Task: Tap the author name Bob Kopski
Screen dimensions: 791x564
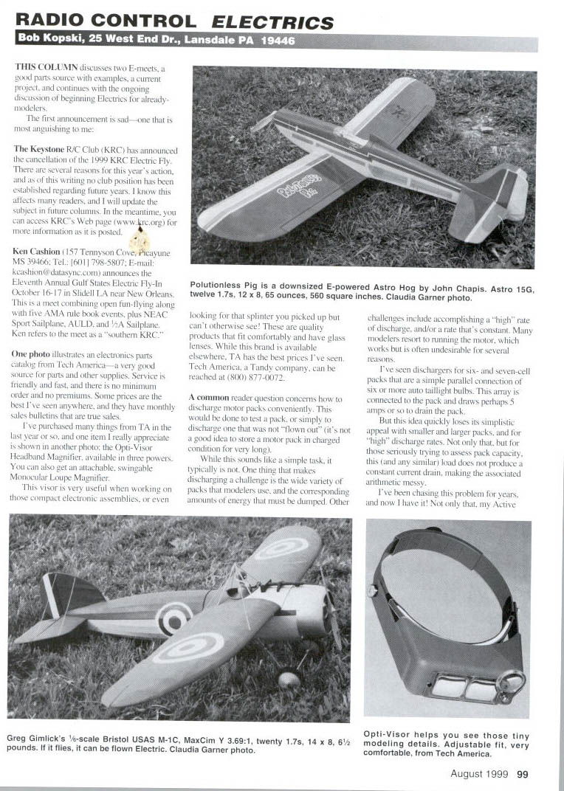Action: pos(53,41)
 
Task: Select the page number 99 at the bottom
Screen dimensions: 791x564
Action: pos(522,774)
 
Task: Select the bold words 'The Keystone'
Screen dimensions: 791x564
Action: pos(41,149)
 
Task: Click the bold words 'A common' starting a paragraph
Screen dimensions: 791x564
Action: pos(212,397)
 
